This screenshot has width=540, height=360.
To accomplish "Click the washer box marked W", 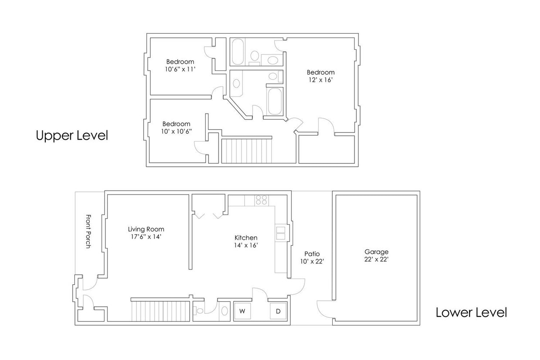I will tap(243, 311).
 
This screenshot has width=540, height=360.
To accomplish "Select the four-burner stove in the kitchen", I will tap(261, 200).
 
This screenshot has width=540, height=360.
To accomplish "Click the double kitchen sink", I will tap(280, 233).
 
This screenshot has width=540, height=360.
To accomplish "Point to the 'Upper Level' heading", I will tap(72, 135).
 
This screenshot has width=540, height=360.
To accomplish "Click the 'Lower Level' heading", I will tap(471, 312).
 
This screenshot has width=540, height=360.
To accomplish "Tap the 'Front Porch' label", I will tap(88, 231).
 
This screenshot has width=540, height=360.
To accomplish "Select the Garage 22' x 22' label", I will tap(376, 255).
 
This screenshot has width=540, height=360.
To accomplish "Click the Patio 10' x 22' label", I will tap(312, 257).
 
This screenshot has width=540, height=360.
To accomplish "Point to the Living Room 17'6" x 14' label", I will tap(146, 232).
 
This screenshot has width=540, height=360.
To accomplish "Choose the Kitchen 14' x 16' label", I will tap(246, 241).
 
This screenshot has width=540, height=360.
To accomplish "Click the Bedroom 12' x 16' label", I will tap(321, 76).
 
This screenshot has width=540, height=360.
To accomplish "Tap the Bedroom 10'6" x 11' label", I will tap(180, 65).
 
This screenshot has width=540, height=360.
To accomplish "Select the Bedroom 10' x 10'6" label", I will tap(176, 127).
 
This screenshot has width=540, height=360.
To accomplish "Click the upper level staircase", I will tap(246, 151).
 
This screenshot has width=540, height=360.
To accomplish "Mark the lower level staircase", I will tap(161, 311).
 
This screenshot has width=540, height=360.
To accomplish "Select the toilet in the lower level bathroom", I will tap(199, 311).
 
